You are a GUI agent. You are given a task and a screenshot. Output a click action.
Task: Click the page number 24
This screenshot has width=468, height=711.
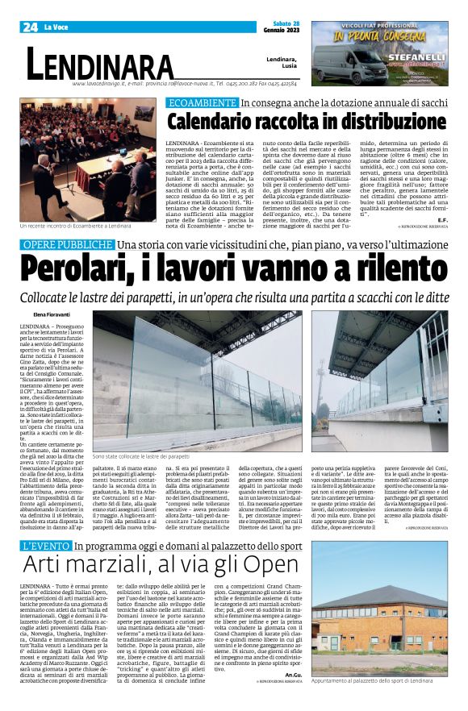[30, 27]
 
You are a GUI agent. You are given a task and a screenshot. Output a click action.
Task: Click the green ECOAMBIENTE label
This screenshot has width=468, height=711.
[201, 103]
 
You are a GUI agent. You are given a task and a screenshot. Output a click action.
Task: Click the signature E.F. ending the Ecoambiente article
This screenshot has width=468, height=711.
[442, 220]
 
